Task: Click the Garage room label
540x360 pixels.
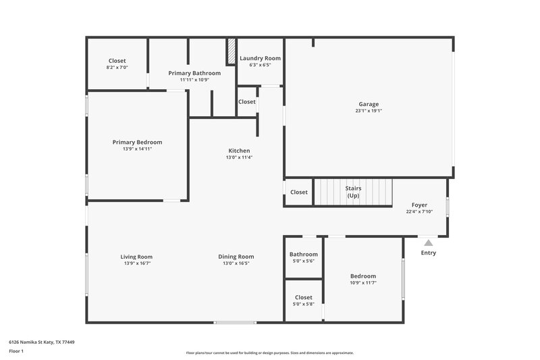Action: coord(369,104)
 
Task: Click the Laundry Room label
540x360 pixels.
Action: coord(260,59)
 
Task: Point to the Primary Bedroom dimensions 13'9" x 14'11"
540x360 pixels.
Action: coord(137,149)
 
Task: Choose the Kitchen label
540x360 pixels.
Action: coord(239,151)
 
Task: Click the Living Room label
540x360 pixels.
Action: coord(136,257)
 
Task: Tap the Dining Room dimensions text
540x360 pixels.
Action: coord(236,263)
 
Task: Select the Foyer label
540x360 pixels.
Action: coord(419,205)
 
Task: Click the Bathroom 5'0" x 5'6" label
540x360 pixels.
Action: coord(303,255)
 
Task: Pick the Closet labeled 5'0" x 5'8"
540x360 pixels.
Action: coord(303,297)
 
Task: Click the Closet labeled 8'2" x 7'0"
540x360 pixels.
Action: coord(117,61)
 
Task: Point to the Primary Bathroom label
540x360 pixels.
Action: coord(194,73)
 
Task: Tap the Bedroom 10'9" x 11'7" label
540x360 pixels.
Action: coord(363,276)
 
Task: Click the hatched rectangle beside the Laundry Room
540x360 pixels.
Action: coord(231,51)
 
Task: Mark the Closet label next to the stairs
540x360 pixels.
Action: coord(299,192)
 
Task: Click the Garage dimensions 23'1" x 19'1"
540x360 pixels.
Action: coord(369,111)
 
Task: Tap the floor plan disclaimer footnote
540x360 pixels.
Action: coord(269,353)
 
